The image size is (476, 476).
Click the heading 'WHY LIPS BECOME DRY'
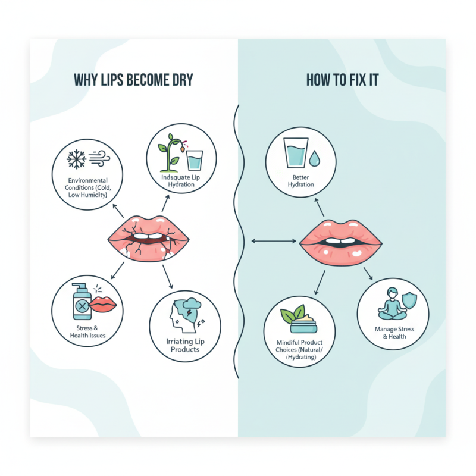point(133,80)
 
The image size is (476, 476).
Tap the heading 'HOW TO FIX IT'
point(343,80)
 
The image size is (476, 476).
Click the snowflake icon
point(76,159)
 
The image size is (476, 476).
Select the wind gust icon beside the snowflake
point(99,158)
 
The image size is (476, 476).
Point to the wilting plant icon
point(171,153)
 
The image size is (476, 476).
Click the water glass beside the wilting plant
point(195,160)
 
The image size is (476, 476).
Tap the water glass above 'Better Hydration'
point(296,153)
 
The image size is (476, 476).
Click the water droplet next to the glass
point(314,158)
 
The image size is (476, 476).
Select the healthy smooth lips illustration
point(340,243)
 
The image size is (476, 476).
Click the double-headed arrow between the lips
point(274,241)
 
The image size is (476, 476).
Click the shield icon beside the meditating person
point(409,300)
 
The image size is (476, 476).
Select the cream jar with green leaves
point(300,319)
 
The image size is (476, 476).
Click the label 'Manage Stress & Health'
point(394,333)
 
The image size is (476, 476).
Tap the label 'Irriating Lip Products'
point(185,346)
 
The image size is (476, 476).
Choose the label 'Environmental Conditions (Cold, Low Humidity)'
point(87,187)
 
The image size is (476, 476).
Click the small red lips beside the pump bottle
point(102,305)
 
